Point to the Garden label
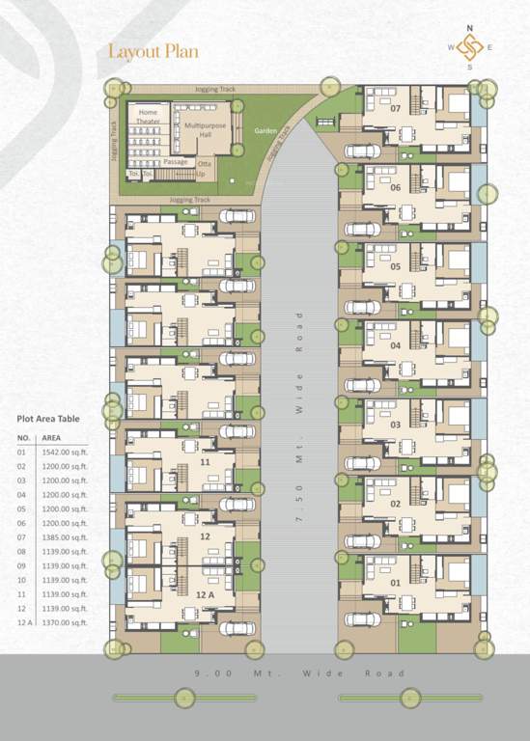(x=265, y=130)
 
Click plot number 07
(x=395, y=108)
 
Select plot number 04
(x=395, y=344)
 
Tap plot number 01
(x=395, y=582)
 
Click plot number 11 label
(x=205, y=462)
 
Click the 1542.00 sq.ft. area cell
(x=65, y=453)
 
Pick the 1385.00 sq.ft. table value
(x=65, y=537)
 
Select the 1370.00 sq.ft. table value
(x=65, y=622)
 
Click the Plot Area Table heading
(x=49, y=419)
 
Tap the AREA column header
(x=52, y=437)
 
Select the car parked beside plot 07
(x=360, y=151)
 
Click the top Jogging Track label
(x=214, y=89)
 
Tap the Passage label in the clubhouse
(x=176, y=162)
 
